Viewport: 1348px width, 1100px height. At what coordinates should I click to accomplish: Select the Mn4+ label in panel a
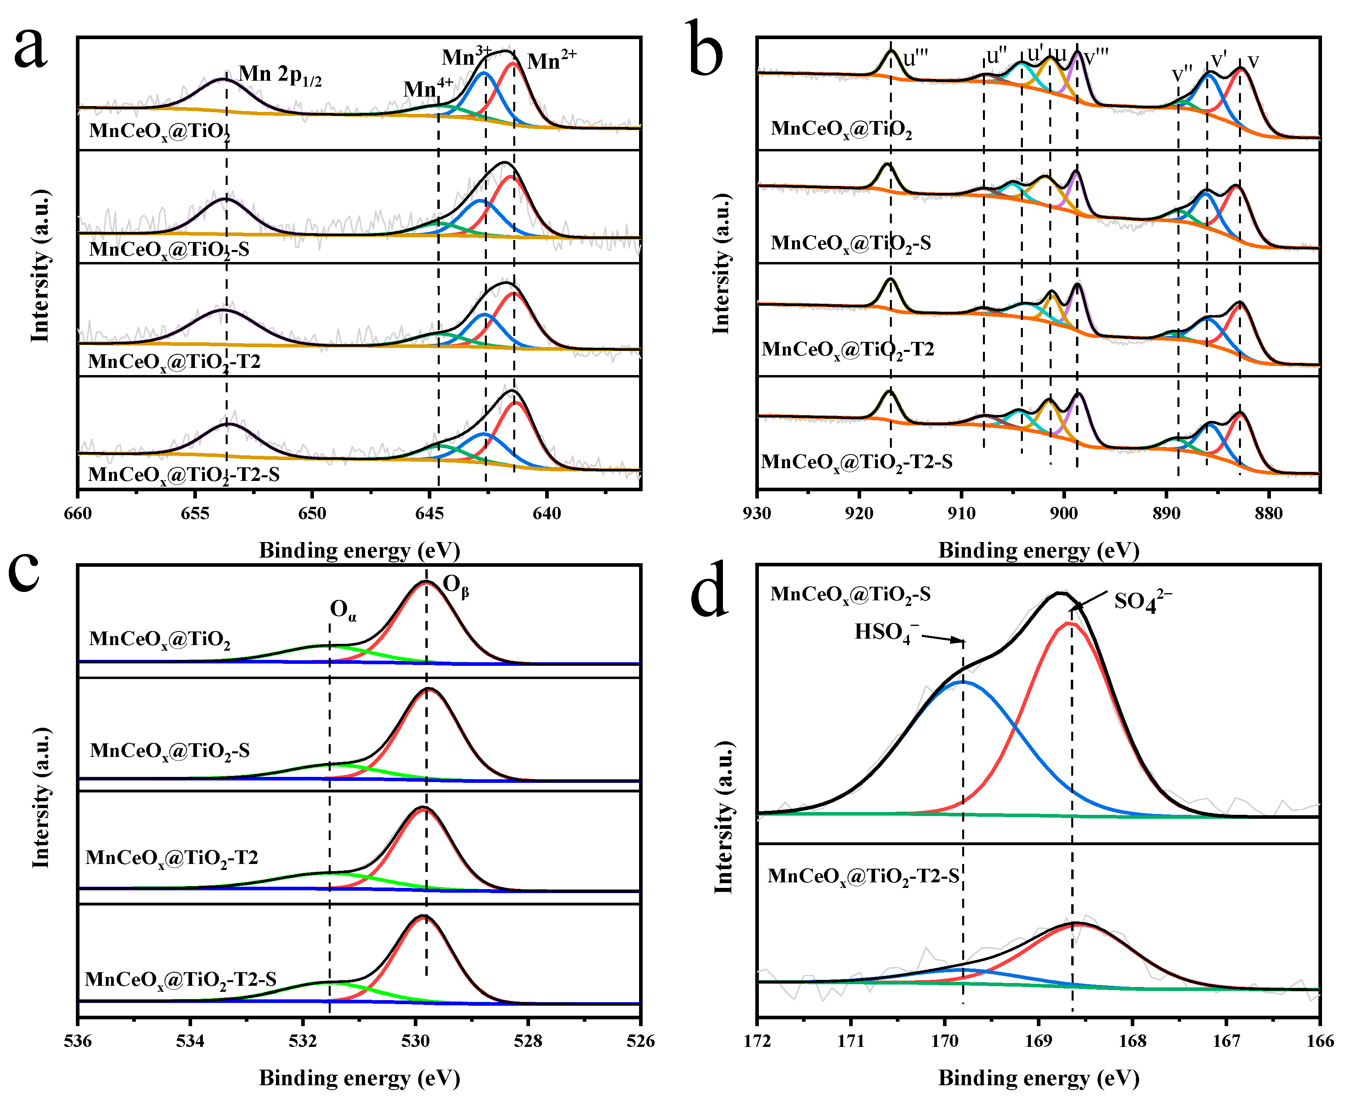point(428,89)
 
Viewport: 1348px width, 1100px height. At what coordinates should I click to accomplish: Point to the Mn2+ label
point(552,61)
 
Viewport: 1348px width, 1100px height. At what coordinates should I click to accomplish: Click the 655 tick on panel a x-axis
point(195,513)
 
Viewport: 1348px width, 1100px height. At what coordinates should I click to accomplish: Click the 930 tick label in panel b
point(756,513)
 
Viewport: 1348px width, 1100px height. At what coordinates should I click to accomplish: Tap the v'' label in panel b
point(1181,75)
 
